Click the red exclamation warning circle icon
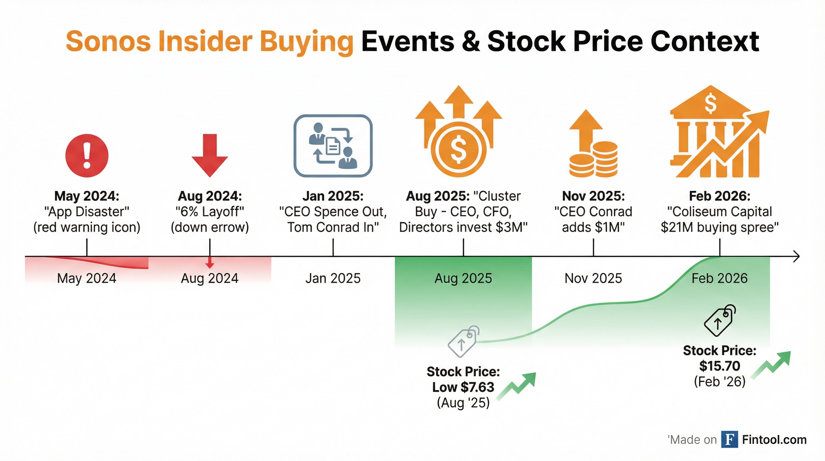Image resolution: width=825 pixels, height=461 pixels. (87, 155)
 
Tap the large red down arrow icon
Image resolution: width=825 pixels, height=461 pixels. (210, 155)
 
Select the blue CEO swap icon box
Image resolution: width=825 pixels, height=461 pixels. (333, 146)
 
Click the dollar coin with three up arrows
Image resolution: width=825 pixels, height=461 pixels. (459, 131)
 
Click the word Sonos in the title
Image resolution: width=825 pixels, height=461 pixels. (108, 41)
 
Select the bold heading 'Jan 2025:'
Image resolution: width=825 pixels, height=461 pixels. (333, 196)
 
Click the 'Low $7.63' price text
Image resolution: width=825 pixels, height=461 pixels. (463, 387)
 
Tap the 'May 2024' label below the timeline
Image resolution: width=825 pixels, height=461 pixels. (87, 278)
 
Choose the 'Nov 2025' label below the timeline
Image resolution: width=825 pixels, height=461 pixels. (593, 278)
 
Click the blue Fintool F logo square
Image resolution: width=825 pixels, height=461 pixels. (730, 439)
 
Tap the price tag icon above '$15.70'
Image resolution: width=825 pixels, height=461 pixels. (720, 320)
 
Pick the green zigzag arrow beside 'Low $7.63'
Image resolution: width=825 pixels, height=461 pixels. (516, 387)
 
